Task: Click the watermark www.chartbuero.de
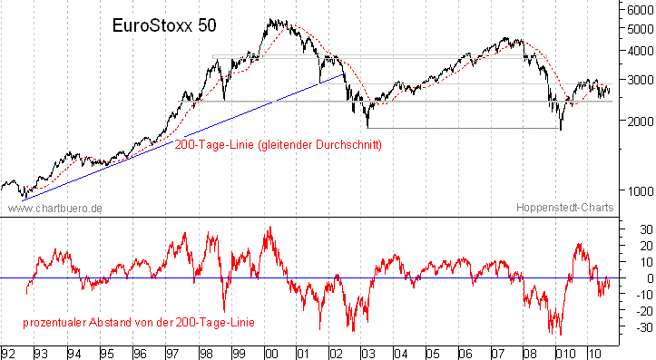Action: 54,208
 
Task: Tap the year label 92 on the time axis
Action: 8,352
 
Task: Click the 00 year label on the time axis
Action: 269,352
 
